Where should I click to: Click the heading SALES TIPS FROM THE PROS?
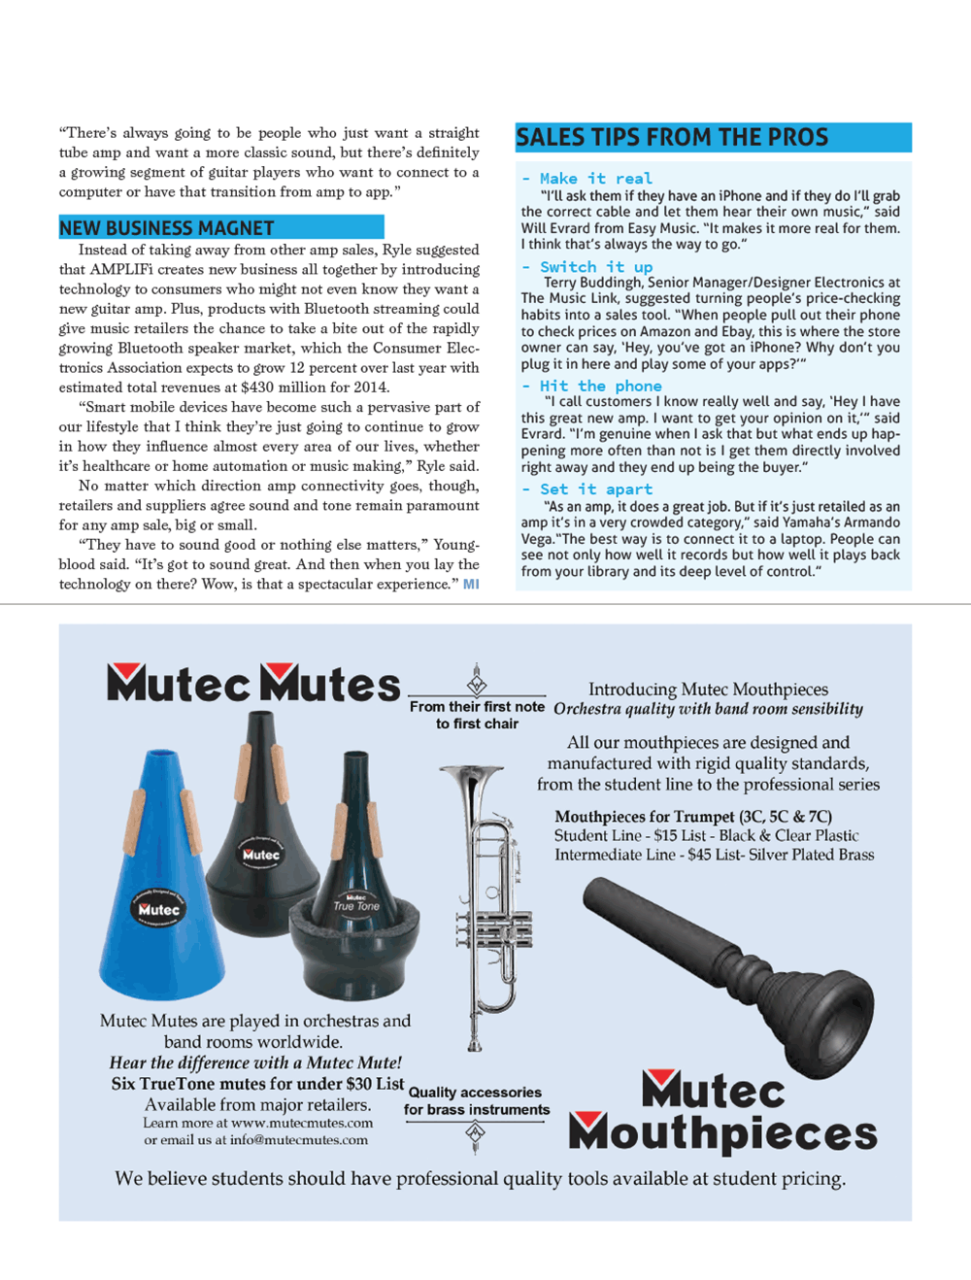[672, 137]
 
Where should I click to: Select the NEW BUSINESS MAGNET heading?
[167, 228]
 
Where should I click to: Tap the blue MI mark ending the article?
[471, 585]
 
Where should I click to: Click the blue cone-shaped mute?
[160, 874]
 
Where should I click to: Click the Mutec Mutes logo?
[253, 684]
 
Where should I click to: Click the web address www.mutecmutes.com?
[302, 1123]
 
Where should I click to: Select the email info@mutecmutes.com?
[298, 1140]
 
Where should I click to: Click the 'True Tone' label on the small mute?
[356, 906]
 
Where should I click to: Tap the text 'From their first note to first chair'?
[477, 715]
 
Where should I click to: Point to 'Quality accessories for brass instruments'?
[476, 1101]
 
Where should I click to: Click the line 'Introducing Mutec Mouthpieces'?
[708, 690]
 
